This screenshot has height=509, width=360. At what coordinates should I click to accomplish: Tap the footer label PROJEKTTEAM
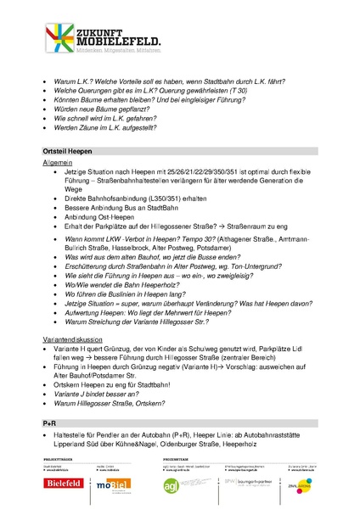(x=178, y=459)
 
